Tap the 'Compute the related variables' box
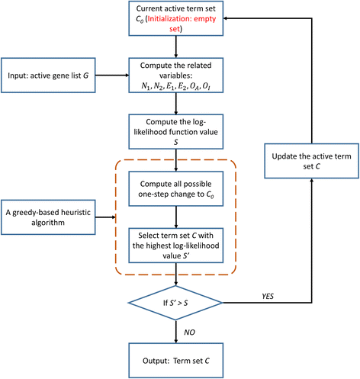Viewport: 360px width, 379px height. pos(178,75)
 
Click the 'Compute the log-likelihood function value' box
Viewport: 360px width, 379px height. pos(178,131)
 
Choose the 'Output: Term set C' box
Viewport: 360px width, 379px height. pos(178,358)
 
